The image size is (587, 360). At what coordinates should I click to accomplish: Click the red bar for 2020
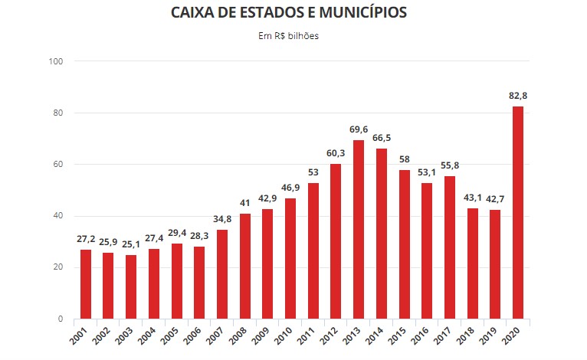pyautogui.click(x=518, y=212)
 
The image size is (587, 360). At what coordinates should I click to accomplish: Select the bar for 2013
pyautogui.click(x=359, y=229)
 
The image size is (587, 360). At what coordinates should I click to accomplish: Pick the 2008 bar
pyautogui.click(x=244, y=266)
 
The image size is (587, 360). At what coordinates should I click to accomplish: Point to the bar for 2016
pyautogui.click(x=427, y=250)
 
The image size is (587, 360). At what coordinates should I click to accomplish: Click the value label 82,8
pyautogui.click(x=518, y=96)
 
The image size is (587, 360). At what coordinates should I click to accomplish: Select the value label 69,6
pyautogui.click(x=359, y=130)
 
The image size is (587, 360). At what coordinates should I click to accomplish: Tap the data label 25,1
pyautogui.click(x=131, y=244)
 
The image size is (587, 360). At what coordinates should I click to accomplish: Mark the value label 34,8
pyautogui.click(x=222, y=220)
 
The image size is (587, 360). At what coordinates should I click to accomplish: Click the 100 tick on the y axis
pyautogui.click(x=56, y=61)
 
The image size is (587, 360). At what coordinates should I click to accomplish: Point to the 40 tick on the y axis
pyautogui.click(x=58, y=216)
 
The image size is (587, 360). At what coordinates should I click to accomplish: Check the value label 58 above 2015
pyautogui.click(x=404, y=160)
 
